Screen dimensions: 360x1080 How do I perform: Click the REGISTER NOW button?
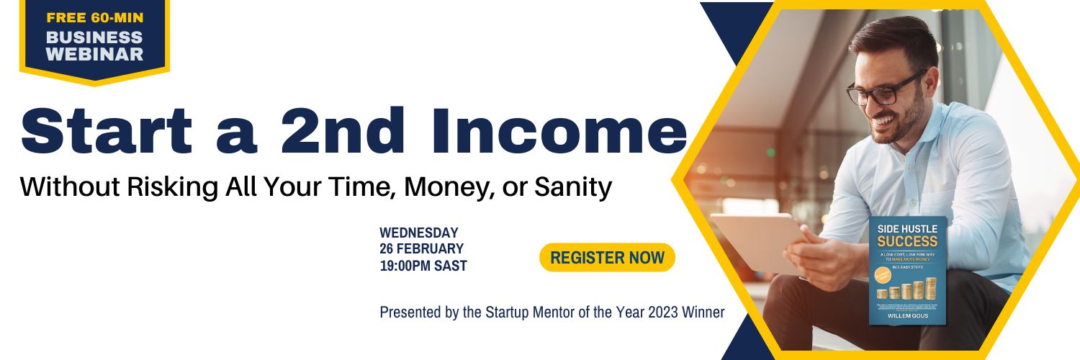(x=607, y=258)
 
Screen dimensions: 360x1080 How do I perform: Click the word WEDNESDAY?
(x=419, y=233)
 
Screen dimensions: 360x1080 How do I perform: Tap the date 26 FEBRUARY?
(x=422, y=249)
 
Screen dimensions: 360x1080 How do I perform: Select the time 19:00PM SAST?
(x=423, y=266)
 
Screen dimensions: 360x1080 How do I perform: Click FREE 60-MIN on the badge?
(x=95, y=17)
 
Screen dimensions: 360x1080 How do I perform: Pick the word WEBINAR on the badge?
(x=94, y=54)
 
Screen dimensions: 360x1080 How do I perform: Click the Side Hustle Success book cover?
(x=907, y=270)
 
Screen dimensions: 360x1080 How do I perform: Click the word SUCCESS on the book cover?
(x=907, y=241)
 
